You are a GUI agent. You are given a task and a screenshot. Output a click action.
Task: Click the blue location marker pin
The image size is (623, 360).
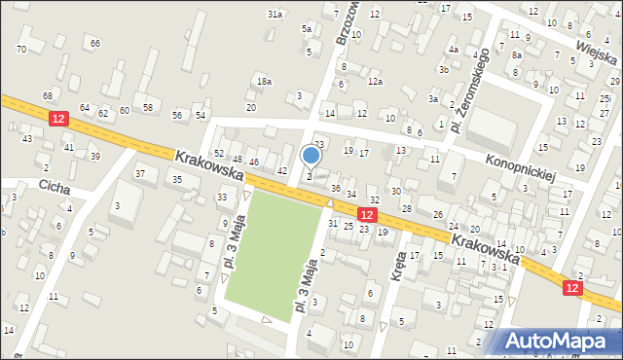[x=311, y=155]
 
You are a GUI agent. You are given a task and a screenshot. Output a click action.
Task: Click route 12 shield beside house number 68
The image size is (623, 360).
[x=59, y=118]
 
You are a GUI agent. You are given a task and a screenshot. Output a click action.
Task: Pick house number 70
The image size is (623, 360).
[x=21, y=49]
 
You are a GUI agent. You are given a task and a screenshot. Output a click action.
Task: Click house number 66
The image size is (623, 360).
[x=94, y=43]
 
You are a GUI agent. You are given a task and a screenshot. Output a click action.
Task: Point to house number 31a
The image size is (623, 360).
[x=275, y=15]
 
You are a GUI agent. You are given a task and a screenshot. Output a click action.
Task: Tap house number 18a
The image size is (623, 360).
[x=264, y=82]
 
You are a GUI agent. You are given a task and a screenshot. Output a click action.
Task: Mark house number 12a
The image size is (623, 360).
[x=375, y=81]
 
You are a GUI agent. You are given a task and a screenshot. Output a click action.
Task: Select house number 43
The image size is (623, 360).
[x=27, y=138]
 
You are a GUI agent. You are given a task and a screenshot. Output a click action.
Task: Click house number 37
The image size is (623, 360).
[x=140, y=173]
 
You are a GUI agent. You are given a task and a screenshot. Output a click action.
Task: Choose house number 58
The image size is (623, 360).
[x=148, y=107]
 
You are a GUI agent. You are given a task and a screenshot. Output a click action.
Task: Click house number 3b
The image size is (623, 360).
[x=443, y=69]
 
